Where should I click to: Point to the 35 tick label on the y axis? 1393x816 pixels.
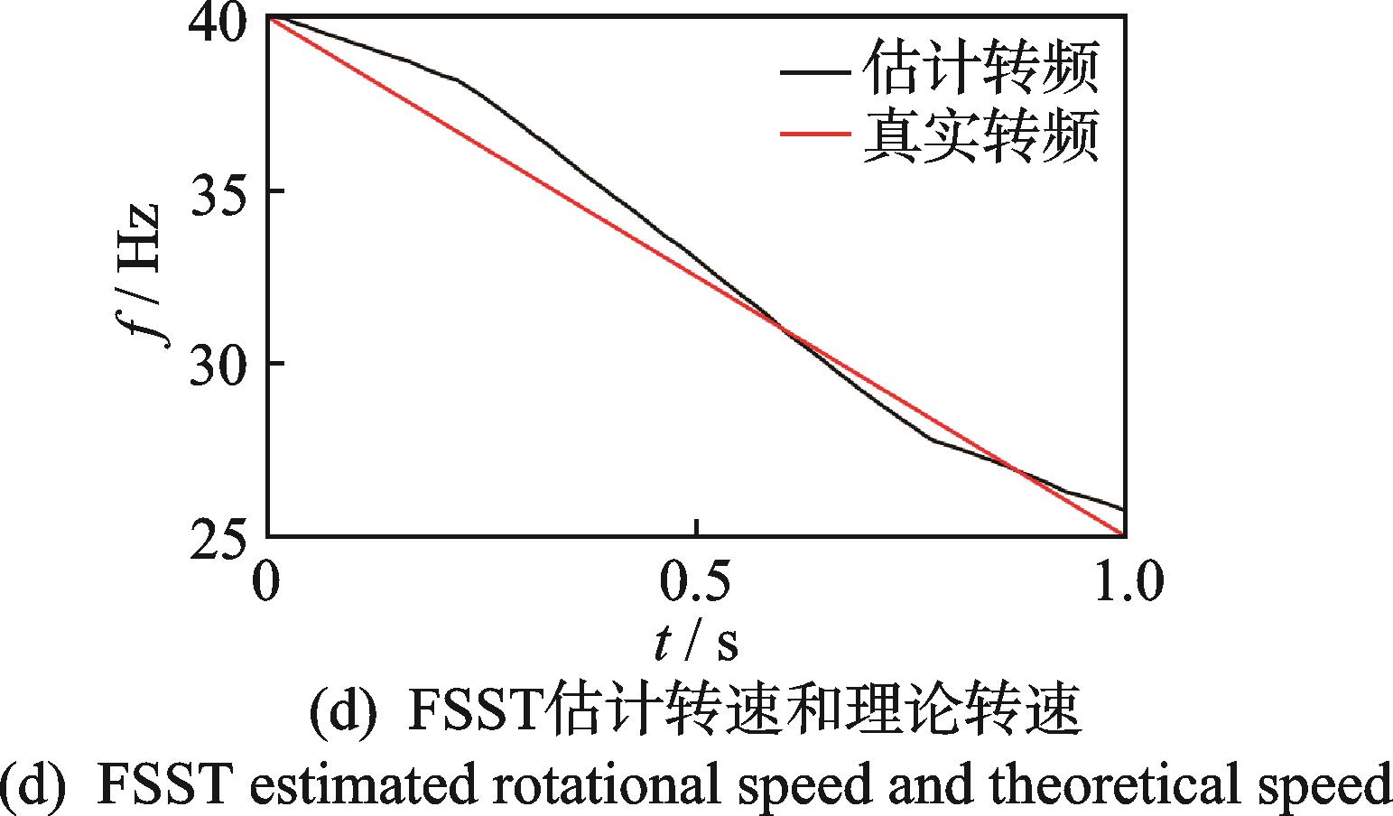[x=217, y=192]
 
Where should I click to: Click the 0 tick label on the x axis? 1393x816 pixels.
[x=265, y=581]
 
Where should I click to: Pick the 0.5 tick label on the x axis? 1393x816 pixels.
[x=696, y=581]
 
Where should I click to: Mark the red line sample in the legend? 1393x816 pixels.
[x=814, y=135]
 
